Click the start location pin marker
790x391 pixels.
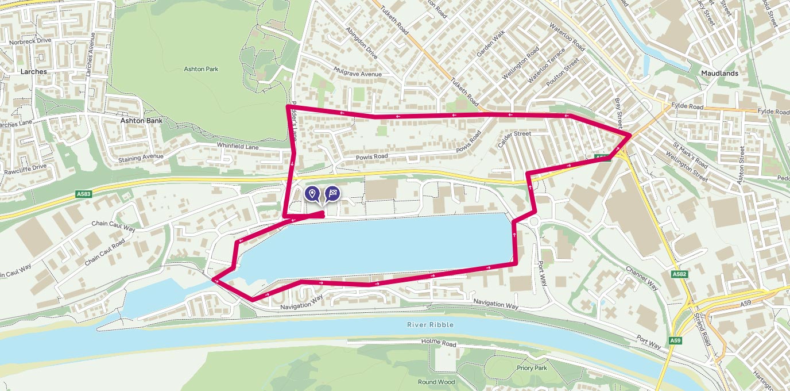tap(312, 194)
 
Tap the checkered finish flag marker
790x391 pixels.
tap(332, 194)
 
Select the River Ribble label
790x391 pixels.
tap(430, 325)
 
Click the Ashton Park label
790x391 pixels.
tap(201, 69)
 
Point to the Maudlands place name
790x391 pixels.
tap(719, 74)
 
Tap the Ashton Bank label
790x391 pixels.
tap(141, 121)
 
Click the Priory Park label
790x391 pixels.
tap(532, 368)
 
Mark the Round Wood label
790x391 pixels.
tap(436, 382)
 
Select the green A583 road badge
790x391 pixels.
tap(83, 194)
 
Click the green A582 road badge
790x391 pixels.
tap(680, 275)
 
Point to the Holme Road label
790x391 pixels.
tap(438, 344)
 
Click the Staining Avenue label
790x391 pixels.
tap(141, 158)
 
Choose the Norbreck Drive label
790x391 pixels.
tap(30, 41)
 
